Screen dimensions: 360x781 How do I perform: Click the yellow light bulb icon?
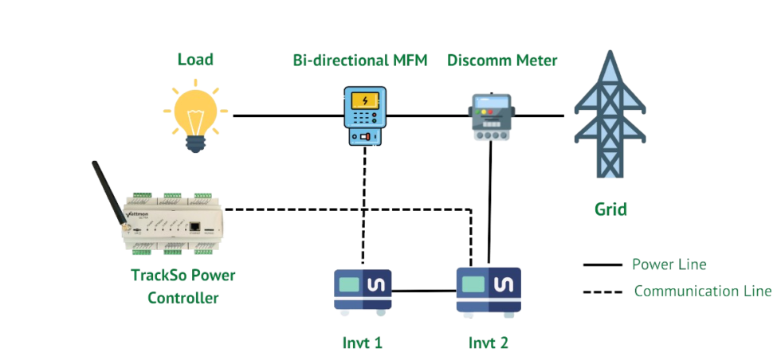pos(195,118)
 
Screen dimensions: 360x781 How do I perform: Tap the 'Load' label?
pos(195,60)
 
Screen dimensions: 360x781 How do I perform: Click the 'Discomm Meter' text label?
pos(502,60)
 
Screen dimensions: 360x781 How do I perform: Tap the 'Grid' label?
pos(610,209)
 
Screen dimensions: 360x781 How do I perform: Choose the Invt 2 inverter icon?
pos(489,288)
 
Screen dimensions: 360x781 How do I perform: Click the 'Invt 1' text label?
pos(363,342)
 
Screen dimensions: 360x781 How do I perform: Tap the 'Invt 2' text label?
pos(488,342)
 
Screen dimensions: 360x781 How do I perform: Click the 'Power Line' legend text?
pos(669,264)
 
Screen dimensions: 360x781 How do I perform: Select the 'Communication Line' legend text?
pos(702,291)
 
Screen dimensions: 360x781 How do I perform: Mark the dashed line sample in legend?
pos(602,292)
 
